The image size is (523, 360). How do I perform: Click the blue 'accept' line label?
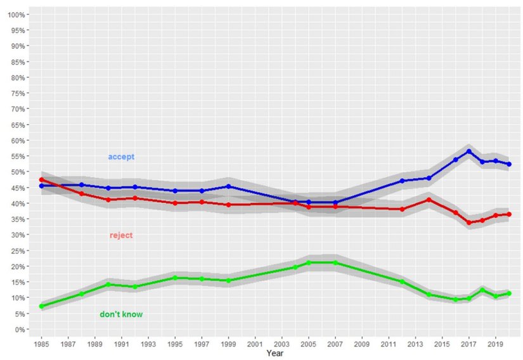(121, 157)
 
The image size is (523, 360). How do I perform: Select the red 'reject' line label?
(121, 235)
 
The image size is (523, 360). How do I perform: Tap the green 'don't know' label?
(121, 314)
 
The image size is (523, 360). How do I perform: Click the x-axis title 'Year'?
(275, 353)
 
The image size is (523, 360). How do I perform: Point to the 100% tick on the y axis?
(17, 15)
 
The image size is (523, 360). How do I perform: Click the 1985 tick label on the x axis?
(41, 344)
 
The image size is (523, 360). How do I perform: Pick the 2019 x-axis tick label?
(496, 344)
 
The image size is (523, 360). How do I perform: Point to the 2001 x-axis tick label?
(255, 344)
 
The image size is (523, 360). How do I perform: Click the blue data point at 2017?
(469, 151)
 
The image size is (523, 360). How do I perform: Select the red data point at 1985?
(41, 180)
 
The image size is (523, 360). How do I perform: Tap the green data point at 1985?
(41, 306)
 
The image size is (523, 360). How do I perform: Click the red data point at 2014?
(429, 200)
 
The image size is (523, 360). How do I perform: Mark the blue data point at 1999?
(228, 186)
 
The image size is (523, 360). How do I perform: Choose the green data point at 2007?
(335, 262)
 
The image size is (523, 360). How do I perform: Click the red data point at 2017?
(469, 222)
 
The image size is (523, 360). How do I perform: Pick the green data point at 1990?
(108, 285)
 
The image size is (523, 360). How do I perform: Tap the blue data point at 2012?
(402, 181)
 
